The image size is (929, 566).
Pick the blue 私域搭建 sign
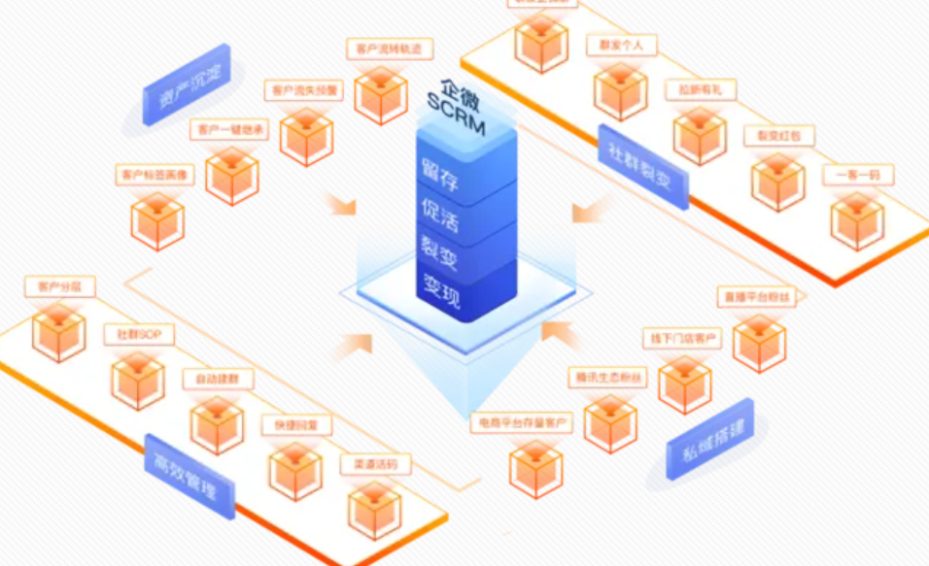pos(709,438)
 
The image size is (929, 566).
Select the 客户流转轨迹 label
pos(389,49)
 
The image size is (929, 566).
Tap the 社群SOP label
pos(138,335)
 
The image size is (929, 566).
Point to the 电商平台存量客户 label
pos(521,424)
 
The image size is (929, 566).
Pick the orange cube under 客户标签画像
pos(157,219)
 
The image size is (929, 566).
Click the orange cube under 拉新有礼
pos(699,134)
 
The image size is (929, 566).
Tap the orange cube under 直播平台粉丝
pos(759,340)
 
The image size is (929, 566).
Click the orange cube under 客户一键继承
pos(232,175)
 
